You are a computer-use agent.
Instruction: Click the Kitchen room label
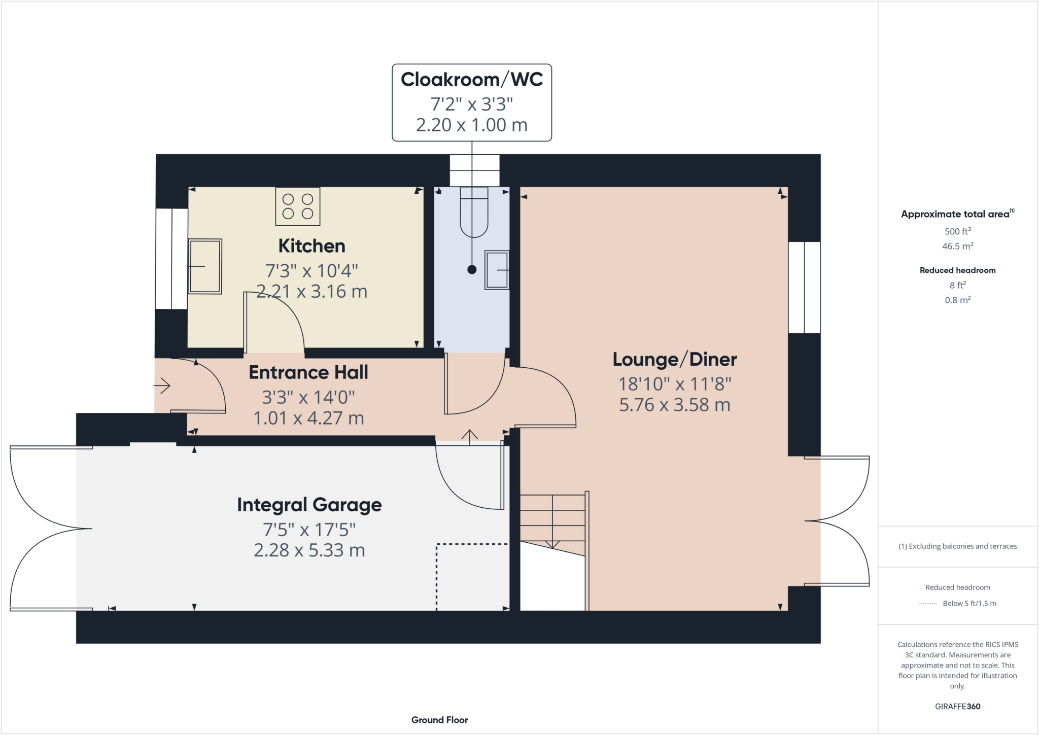(311, 246)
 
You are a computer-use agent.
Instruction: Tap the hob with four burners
(298, 206)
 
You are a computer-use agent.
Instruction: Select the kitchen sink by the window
(205, 266)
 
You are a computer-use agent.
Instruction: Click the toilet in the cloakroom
(474, 212)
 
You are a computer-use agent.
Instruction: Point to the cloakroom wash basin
(497, 270)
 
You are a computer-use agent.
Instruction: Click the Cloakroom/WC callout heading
(472, 80)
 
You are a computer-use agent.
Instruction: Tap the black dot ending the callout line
(472, 270)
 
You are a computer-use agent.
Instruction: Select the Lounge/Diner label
(674, 359)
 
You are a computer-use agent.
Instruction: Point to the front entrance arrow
(162, 386)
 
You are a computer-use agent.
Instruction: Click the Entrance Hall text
(308, 372)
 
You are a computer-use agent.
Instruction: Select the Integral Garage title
(309, 505)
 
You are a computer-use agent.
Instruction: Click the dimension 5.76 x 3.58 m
(674, 405)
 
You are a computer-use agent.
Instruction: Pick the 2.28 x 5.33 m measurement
(309, 550)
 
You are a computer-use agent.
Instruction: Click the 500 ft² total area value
(957, 231)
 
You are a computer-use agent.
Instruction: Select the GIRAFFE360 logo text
(957, 706)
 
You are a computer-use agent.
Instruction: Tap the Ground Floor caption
(439, 720)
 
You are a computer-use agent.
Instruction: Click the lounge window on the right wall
(804, 287)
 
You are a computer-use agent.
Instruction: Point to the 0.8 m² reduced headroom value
(957, 300)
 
